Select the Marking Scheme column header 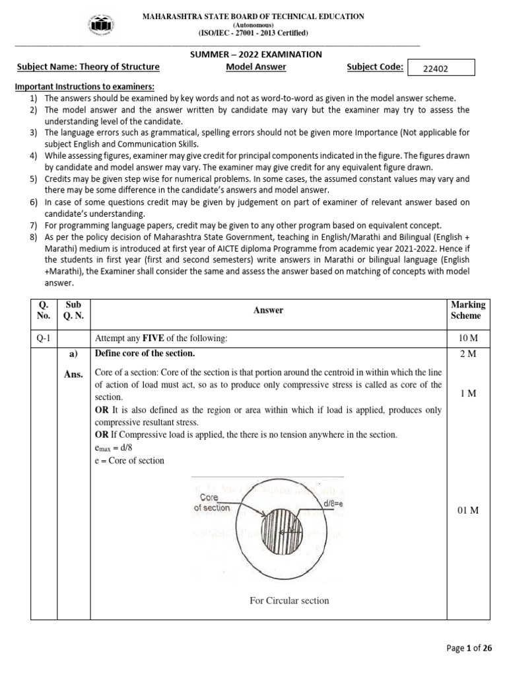(x=467, y=310)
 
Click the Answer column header (x=269, y=310)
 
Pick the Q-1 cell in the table (x=44, y=338)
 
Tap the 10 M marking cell (x=467, y=338)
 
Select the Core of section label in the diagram (x=212, y=502)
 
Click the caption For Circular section (x=288, y=600)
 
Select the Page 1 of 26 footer (x=469, y=648)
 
